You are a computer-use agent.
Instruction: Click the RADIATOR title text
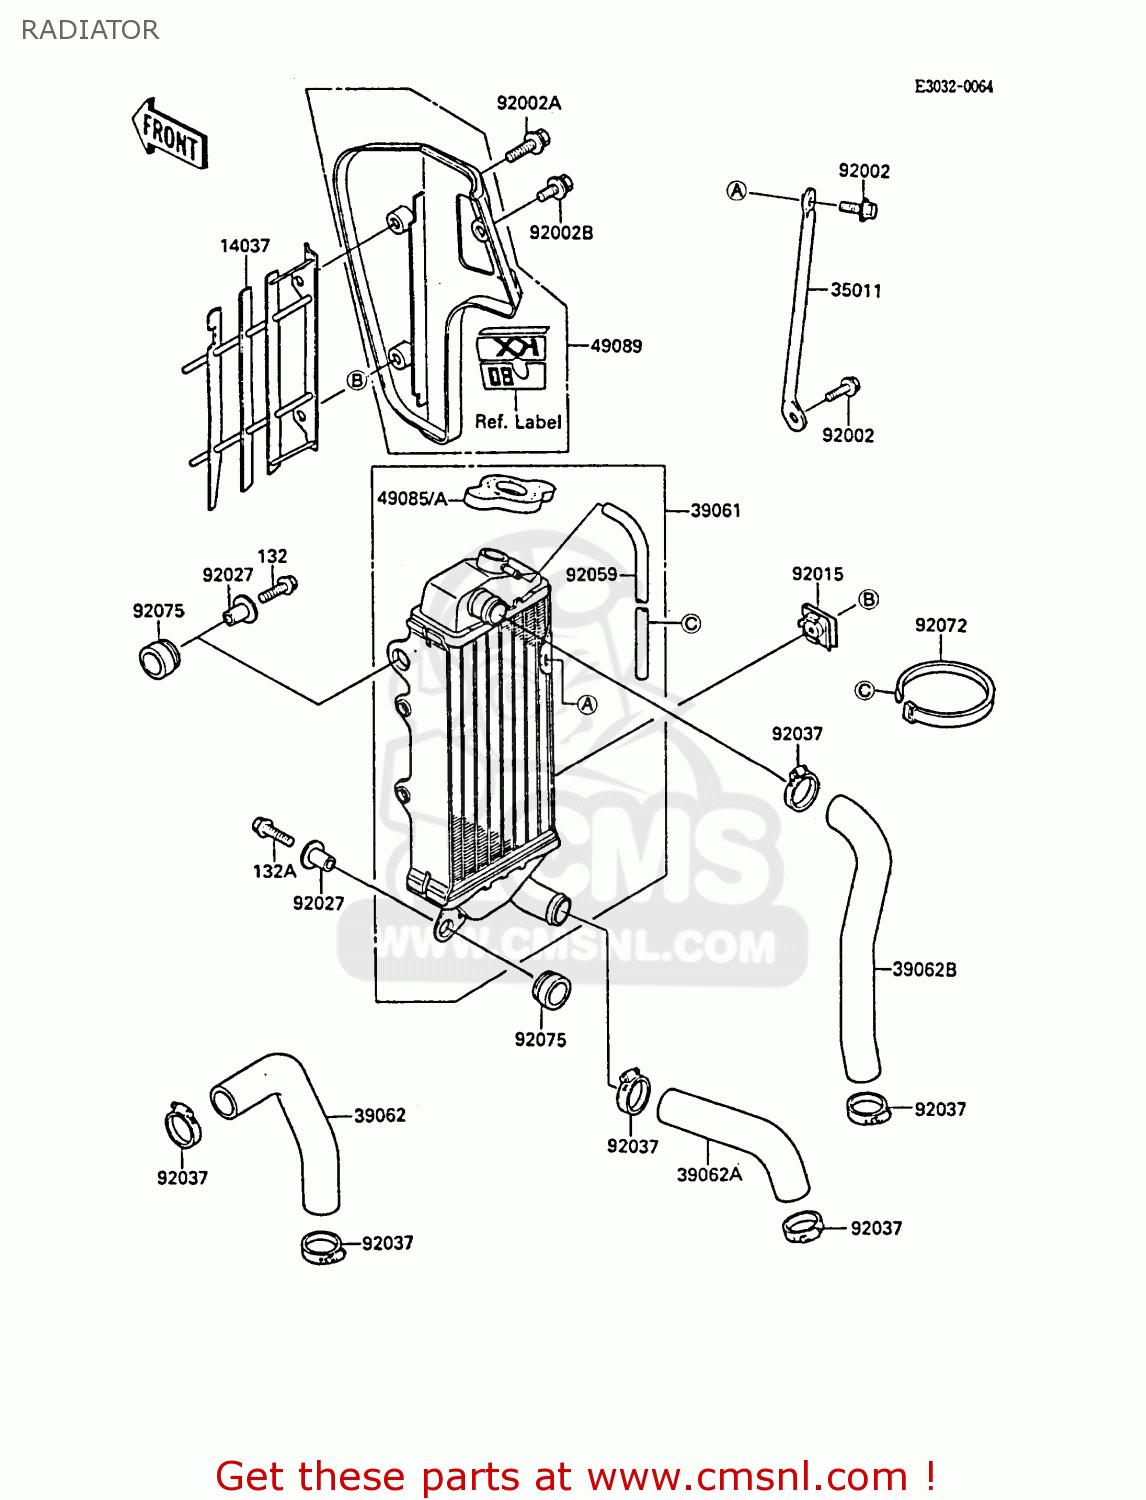pyautogui.click(x=90, y=30)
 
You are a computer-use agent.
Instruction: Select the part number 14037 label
pyautogui.click(x=245, y=246)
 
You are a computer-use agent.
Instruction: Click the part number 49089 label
pyautogui.click(x=616, y=346)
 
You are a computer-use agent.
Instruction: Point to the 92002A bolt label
pyautogui.click(x=529, y=103)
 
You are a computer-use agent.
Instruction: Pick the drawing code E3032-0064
pyautogui.click(x=953, y=87)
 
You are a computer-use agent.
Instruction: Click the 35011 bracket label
pyautogui.click(x=856, y=291)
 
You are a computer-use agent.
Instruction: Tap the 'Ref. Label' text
pyautogui.click(x=518, y=422)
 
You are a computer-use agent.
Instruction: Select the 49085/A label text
pyautogui.click(x=412, y=498)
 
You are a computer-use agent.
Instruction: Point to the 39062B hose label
pyautogui.click(x=924, y=969)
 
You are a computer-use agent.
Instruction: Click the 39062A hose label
pyautogui.click(x=709, y=1175)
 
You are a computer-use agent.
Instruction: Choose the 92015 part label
pyautogui.click(x=817, y=574)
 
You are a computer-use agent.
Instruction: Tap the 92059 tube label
pyautogui.click(x=591, y=575)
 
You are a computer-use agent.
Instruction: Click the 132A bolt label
pyautogui.click(x=274, y=871)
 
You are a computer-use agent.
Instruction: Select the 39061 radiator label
pyautogui.click(x=716, y=511)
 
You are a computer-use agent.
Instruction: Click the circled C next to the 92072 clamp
pyautogui.click(x=865, y=690)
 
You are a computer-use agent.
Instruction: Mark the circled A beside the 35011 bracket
pyautogui.click(x=737, y=191)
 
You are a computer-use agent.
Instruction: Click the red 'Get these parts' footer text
pyautogui.click(x=575, y=1476)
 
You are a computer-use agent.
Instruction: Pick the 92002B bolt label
pyautogui.click(x=561, y=233)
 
